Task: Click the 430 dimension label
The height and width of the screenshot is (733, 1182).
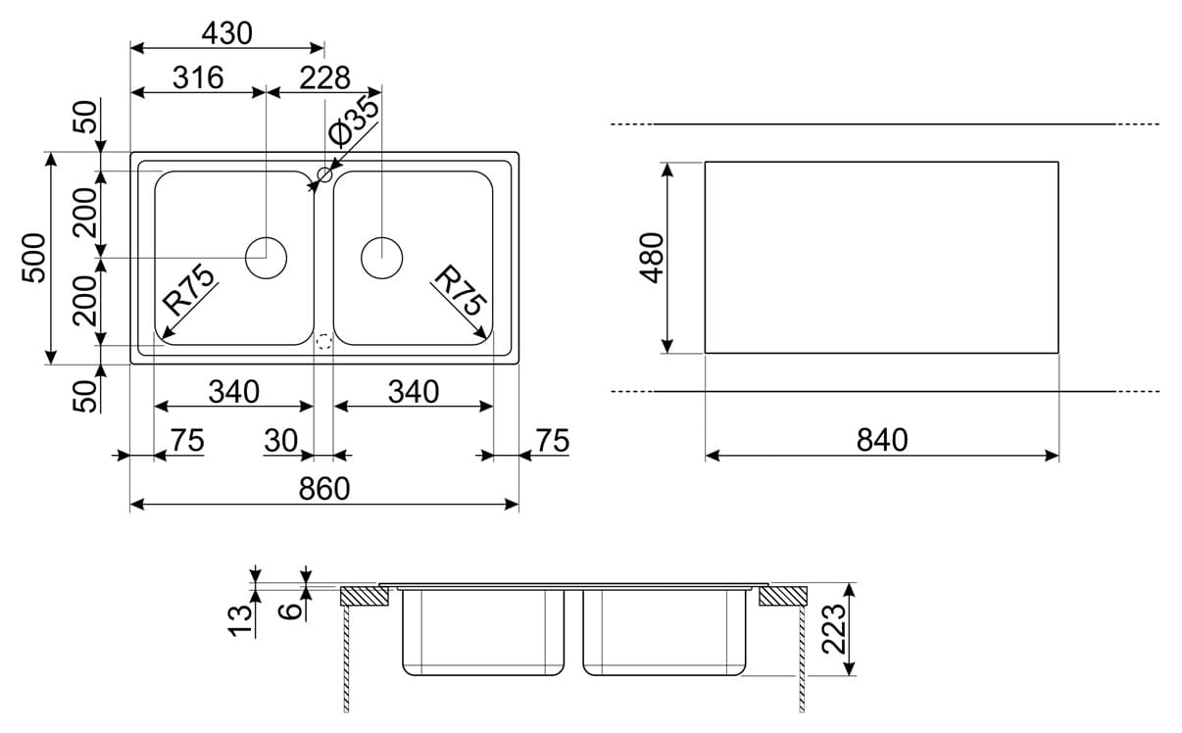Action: pyautogui.click(x=226, y=33)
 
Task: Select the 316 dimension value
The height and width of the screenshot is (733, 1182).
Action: pyautogui.click(x=198, y=77)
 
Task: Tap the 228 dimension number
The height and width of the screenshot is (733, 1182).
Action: pyautogui.click(x=324, y=77)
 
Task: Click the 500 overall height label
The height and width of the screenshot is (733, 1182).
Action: pyautogui.click(x=35, y=257)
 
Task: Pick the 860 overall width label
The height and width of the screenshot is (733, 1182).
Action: pyautogui.click(x=323, y=488)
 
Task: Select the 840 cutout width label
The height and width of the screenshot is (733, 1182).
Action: pyautogui.click(x=882, y=440)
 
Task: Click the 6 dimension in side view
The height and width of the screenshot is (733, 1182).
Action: pyautogui.click(x=290, y=611)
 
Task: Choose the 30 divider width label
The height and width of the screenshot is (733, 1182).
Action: pyautogui.click(x=280, y=442)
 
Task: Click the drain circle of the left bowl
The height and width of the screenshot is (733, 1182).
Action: pyautogui.click(x=265, y=258)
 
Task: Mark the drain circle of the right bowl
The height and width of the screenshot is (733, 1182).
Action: pyautogui.click(x=381, y=257)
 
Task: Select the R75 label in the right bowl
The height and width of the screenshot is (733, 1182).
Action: pyautogui.click(x=459, y=290)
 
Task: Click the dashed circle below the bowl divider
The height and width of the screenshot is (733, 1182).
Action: pyautogui.click(x=323, y=342)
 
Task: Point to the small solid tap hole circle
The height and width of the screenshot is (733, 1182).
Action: pyautogui.click(x=323, y=175)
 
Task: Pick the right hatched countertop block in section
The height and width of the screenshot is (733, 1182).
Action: pyautogui.click(x=782, y=596)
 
